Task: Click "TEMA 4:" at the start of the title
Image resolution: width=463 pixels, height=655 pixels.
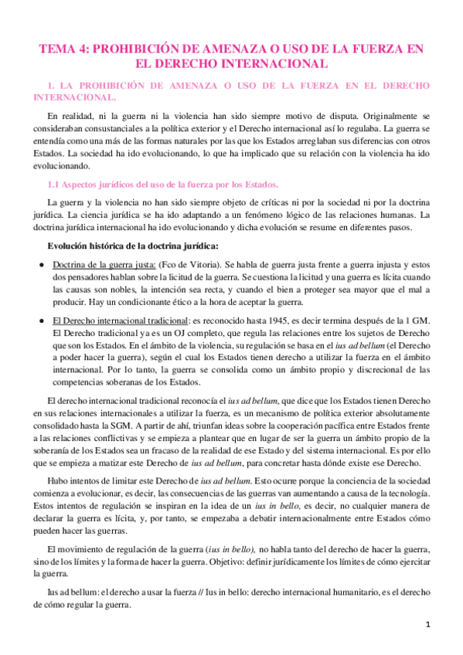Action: (65, 49)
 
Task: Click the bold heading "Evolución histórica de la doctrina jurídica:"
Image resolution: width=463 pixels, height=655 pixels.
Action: (134, 246)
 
